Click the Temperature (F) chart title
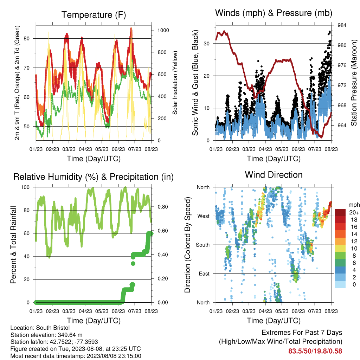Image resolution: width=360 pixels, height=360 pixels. click(x=94, y=15)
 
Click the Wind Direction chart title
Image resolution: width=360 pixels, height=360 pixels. click(x=274, y=175)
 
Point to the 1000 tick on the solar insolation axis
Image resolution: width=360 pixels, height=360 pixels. click(x=163, y=30)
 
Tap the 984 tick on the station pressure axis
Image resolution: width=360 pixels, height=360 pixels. click(x=342, y=25)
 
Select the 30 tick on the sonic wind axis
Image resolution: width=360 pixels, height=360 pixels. click(x=206, y=44)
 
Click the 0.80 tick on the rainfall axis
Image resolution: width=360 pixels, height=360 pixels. click(x=163, y=207)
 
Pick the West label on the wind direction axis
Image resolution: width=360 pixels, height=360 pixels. click(x=204, y=216)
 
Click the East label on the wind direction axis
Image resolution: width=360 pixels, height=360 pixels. click(x=204, y=274)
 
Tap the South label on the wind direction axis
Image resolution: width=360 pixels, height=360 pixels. click(x=203, y=245)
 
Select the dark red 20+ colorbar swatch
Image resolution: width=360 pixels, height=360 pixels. click(x=340, y=212)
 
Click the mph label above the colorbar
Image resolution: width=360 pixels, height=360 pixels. click(x=354, y=205)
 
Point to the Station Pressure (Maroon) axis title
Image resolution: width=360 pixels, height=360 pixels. click(x=354, y=83)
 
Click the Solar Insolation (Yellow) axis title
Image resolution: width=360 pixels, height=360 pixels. click(x=175, y=83)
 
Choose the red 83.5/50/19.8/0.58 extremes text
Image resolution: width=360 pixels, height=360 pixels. click(x=315, y=351)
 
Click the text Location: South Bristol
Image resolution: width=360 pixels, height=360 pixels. click(x=40, y=328)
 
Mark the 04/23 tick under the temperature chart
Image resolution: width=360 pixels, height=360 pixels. click(x=85, y=149)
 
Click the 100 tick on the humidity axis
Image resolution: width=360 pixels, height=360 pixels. click(x=25, y=187)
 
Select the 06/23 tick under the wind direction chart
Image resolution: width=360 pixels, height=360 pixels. click(x=298, y=311)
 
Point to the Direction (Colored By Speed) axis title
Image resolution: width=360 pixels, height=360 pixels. click(x=188, y=245)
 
